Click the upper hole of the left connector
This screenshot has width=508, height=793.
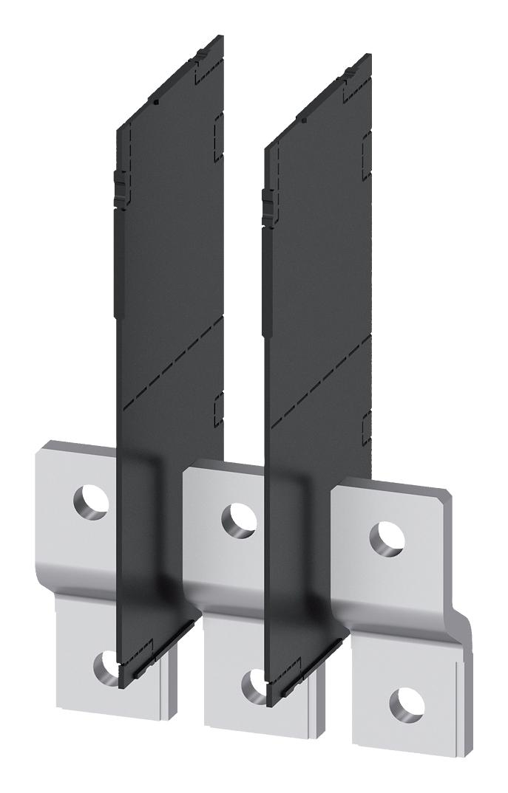pos(91,504)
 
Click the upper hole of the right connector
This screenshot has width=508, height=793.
pos(386,535)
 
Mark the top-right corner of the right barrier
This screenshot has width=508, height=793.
pos(369,56)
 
